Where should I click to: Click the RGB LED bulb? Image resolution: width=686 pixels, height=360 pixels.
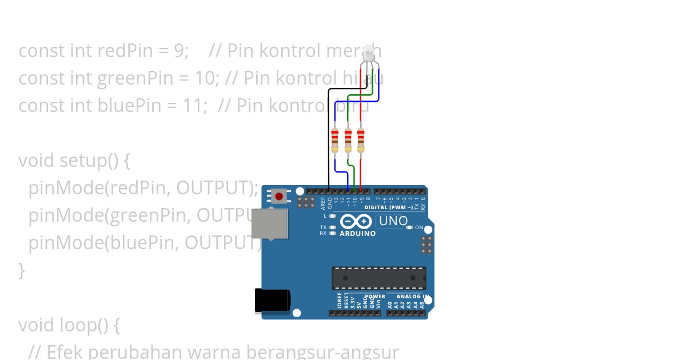369,54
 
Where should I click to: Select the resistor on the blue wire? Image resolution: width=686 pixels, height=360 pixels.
335,141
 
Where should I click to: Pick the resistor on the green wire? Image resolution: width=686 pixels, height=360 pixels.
348,141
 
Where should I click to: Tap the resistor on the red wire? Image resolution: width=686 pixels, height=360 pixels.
361,141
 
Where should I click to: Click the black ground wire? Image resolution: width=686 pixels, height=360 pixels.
329,137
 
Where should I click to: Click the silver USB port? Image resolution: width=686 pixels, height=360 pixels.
269,223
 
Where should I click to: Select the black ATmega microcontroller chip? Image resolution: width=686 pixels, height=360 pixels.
378,278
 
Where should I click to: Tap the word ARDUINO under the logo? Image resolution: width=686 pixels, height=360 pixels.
357,234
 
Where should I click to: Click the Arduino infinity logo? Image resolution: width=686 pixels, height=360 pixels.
356,222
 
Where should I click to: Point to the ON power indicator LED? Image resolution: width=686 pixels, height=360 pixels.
409,227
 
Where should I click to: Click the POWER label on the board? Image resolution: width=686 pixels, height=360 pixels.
375,297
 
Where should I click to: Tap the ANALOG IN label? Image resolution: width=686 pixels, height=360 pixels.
409,297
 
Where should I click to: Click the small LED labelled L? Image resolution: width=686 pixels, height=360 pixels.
333,217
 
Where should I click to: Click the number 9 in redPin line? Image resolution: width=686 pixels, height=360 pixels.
179,51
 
